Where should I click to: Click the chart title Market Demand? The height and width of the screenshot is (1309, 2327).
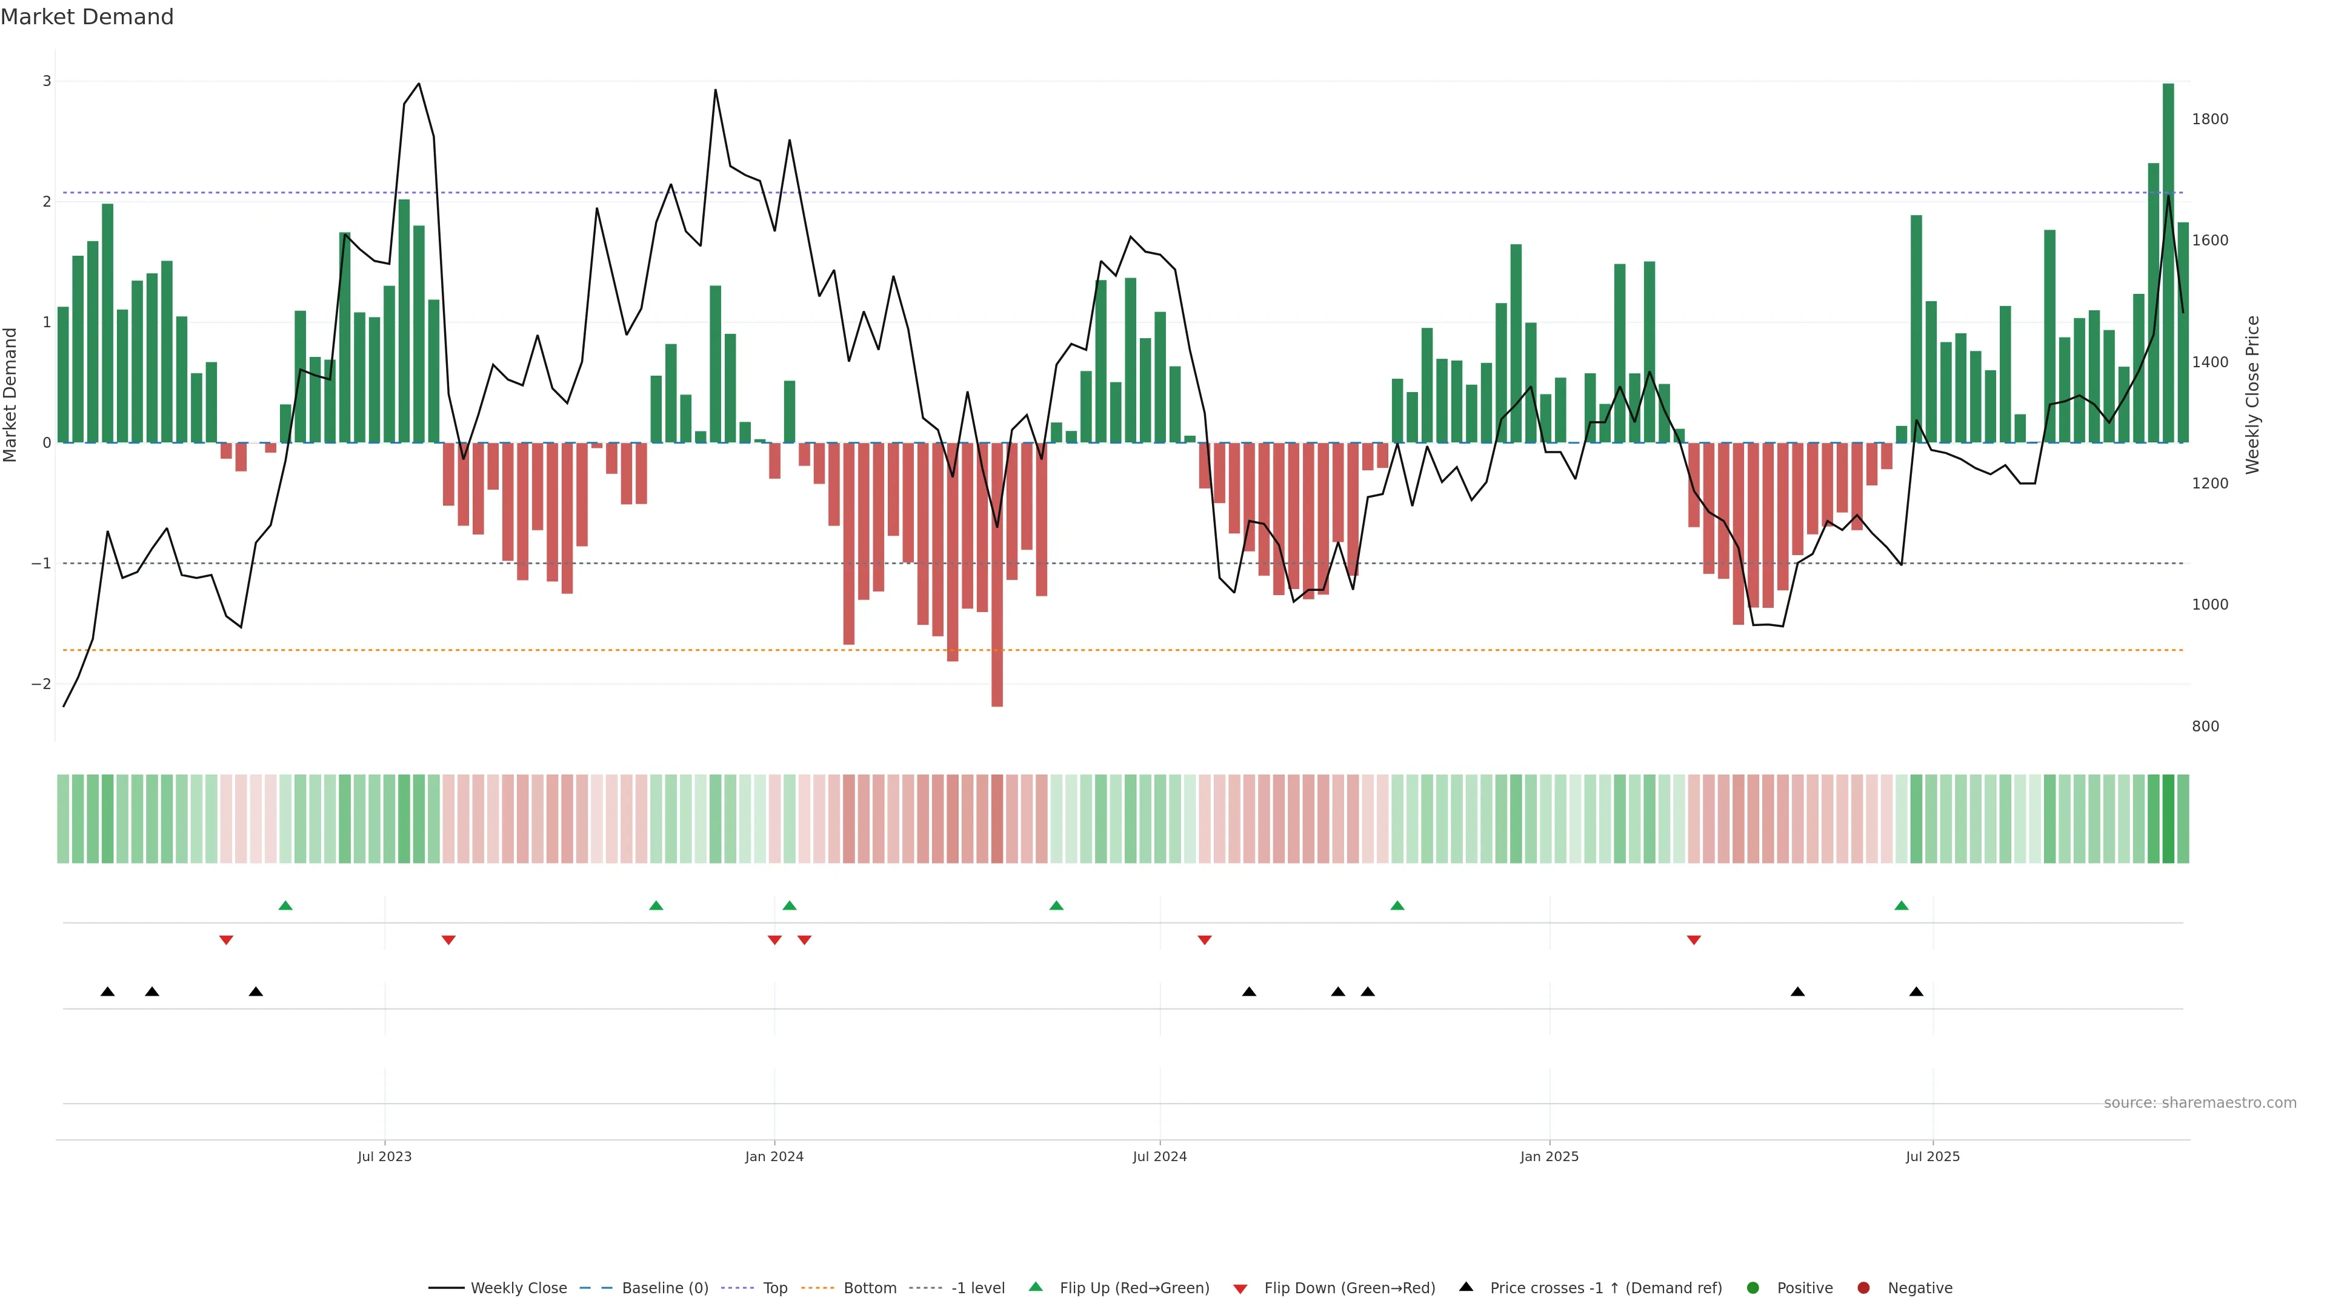click(x=87, y=17)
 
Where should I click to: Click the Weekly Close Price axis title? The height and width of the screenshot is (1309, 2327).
click(x=2252, y=395)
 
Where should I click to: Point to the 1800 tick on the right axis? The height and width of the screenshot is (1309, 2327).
click(x=2209, y=119)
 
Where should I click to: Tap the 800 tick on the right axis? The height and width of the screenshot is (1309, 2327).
click(x=2205, y=727)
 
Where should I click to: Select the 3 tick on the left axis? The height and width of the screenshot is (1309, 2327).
click(x=47, y=81)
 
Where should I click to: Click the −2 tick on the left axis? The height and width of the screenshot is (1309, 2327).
click(x=42, y=684)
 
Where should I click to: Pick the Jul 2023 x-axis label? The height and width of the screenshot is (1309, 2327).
click(x=384, y=1156)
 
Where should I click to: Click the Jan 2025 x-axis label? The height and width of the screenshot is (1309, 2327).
click(x=1550, y=1156)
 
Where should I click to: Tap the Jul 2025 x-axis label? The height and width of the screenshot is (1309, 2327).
click(x=1933, y=1156)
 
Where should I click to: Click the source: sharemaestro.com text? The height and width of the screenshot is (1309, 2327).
click(x=2200, y=1103)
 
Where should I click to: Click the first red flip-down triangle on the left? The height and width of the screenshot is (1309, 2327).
click(x=226, y=941)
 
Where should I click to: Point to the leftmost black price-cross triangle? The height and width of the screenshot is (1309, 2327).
click(x=107, y=992)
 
